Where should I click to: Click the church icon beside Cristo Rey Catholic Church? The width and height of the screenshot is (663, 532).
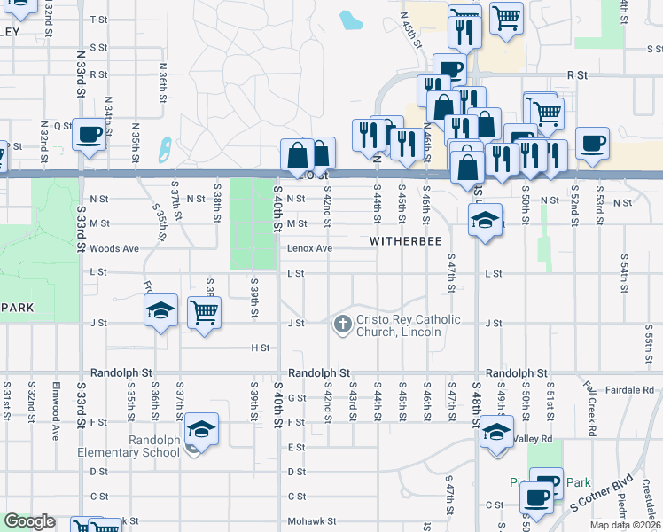[343, 325]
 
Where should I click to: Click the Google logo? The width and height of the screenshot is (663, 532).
[29, 521]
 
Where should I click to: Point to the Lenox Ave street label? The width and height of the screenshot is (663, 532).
[308, 248]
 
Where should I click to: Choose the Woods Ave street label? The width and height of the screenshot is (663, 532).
[114, 248]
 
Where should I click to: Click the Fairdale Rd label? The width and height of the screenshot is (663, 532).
[630, 389]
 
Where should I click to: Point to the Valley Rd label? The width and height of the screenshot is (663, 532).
[533, 438]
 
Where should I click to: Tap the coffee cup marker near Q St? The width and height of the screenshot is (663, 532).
[89, 134]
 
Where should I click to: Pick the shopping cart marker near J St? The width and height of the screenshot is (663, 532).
[205, 311]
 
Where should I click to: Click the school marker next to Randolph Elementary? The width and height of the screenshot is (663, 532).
[202, 430]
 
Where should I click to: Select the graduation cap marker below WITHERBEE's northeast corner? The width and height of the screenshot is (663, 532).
[485, 219]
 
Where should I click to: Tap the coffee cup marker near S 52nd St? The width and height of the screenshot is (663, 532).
[592, 142]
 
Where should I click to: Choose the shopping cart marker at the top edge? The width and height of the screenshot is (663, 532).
[505, 16]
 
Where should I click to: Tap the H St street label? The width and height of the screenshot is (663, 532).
[259, 348]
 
